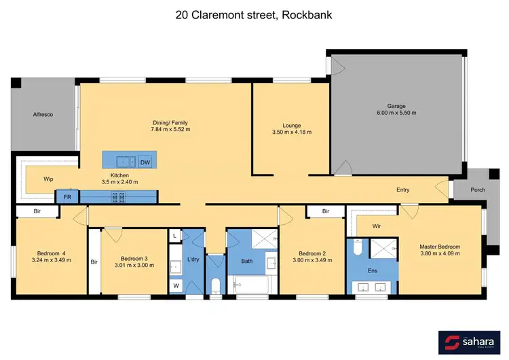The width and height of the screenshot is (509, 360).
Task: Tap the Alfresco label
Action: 43,115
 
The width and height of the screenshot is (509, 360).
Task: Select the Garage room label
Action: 396,107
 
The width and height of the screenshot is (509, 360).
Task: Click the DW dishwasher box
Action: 145,162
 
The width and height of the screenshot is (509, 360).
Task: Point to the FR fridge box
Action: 68,197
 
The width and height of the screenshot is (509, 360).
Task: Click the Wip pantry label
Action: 48,179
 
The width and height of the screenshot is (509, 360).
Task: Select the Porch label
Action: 478,190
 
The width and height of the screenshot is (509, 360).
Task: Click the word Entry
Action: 403,190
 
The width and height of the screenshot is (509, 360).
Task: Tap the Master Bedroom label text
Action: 440,246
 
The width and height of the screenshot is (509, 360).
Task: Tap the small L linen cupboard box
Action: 175,235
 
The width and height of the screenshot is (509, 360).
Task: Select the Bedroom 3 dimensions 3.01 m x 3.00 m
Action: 134,266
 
